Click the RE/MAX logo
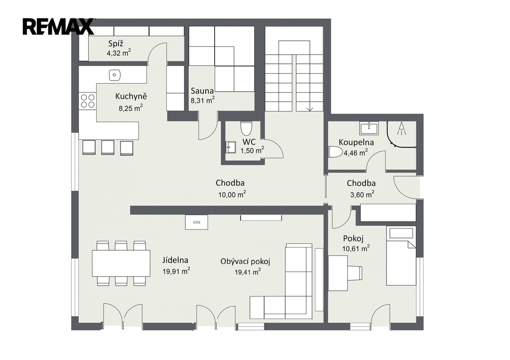[x=58, y=26]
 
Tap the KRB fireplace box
[x=196, y=223]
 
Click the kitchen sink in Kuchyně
[x=115, y=75]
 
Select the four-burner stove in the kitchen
[x=88, y=101]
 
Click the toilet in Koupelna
[x=336, y=152]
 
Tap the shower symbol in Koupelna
[x=402, y=128]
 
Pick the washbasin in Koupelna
[x=369, y=128]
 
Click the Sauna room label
[x=202, y=91]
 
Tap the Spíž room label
[x=116, y=44]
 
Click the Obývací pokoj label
[x=245, y=261]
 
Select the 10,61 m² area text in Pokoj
[x=356, y=249]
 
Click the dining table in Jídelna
[x=122, y=263]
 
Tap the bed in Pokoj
[x=401, y=256]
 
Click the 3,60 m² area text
[x=362, y=195]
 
